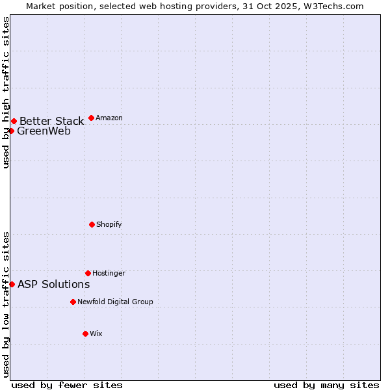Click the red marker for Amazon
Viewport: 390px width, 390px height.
pyautogui.click(x=91, y=118)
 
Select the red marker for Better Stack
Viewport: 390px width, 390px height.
pyautogui.click(x=14, y=121)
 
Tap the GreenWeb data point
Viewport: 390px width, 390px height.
pyautogui.click(x=11, y=131)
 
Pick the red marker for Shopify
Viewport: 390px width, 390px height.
pyautogui.click(x=92, y=224)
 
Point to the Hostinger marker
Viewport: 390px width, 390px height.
pyautogui.click(x=88, y=273)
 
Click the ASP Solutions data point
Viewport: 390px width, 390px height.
pyautogui.click(x=12, y=284)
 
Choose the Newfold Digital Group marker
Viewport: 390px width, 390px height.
pyautogui.click(x=73, y=302)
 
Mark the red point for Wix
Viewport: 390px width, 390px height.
pyautogui.click(x=85, y=333)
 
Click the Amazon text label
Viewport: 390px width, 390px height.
pyautogui.click(x=109, y=118)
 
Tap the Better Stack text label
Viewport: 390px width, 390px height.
pyautogui.click(x=51, y=121)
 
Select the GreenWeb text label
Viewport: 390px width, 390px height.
pyautogui.click(x=44, y=131)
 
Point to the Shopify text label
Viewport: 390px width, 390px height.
pyautogui.click(x=109, y=224)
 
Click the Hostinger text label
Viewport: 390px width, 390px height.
pyautogui.click(x=109, y=273)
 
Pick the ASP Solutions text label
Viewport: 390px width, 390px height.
pyautogui.click(x=53, y=284)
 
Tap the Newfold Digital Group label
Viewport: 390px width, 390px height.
pyautogui.click(x=115, y=302)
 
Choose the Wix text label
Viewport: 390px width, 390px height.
pyautogui.click(x=96, y=333)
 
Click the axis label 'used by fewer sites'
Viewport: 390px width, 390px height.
pyautogui.click(x=67, y=385)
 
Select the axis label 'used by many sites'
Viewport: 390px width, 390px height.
pyautogui.click(x=326, y=385)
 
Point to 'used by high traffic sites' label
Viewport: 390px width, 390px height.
pyautogui.click(x=6, y=93)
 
